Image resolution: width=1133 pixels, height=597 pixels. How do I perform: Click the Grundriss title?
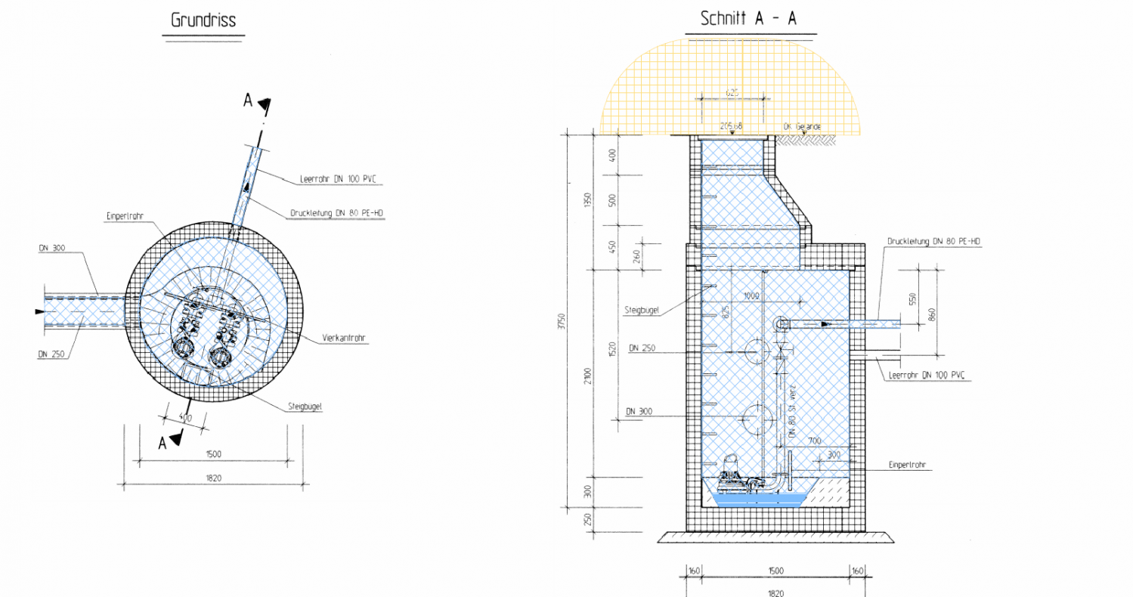pos(203,20)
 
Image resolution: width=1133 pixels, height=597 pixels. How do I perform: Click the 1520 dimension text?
pos(613,349)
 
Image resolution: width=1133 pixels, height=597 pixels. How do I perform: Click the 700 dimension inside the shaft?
pos(813,440)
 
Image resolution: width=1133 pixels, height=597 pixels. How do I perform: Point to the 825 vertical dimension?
pos(727,311)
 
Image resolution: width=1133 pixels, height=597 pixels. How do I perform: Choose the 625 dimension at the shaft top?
pos(731,93)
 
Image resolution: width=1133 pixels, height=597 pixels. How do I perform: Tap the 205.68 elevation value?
pos(731,125)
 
